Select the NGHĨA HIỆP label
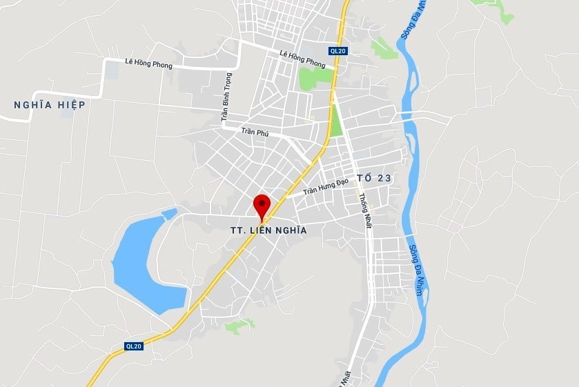(x=50, y=105)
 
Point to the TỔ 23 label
(x=375, y=178)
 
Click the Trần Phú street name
(x=254, y=132)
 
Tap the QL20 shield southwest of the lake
(x=134, y=346)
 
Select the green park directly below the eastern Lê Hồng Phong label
(x=314, y=78)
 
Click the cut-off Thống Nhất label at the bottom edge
(x=346, y=377)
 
